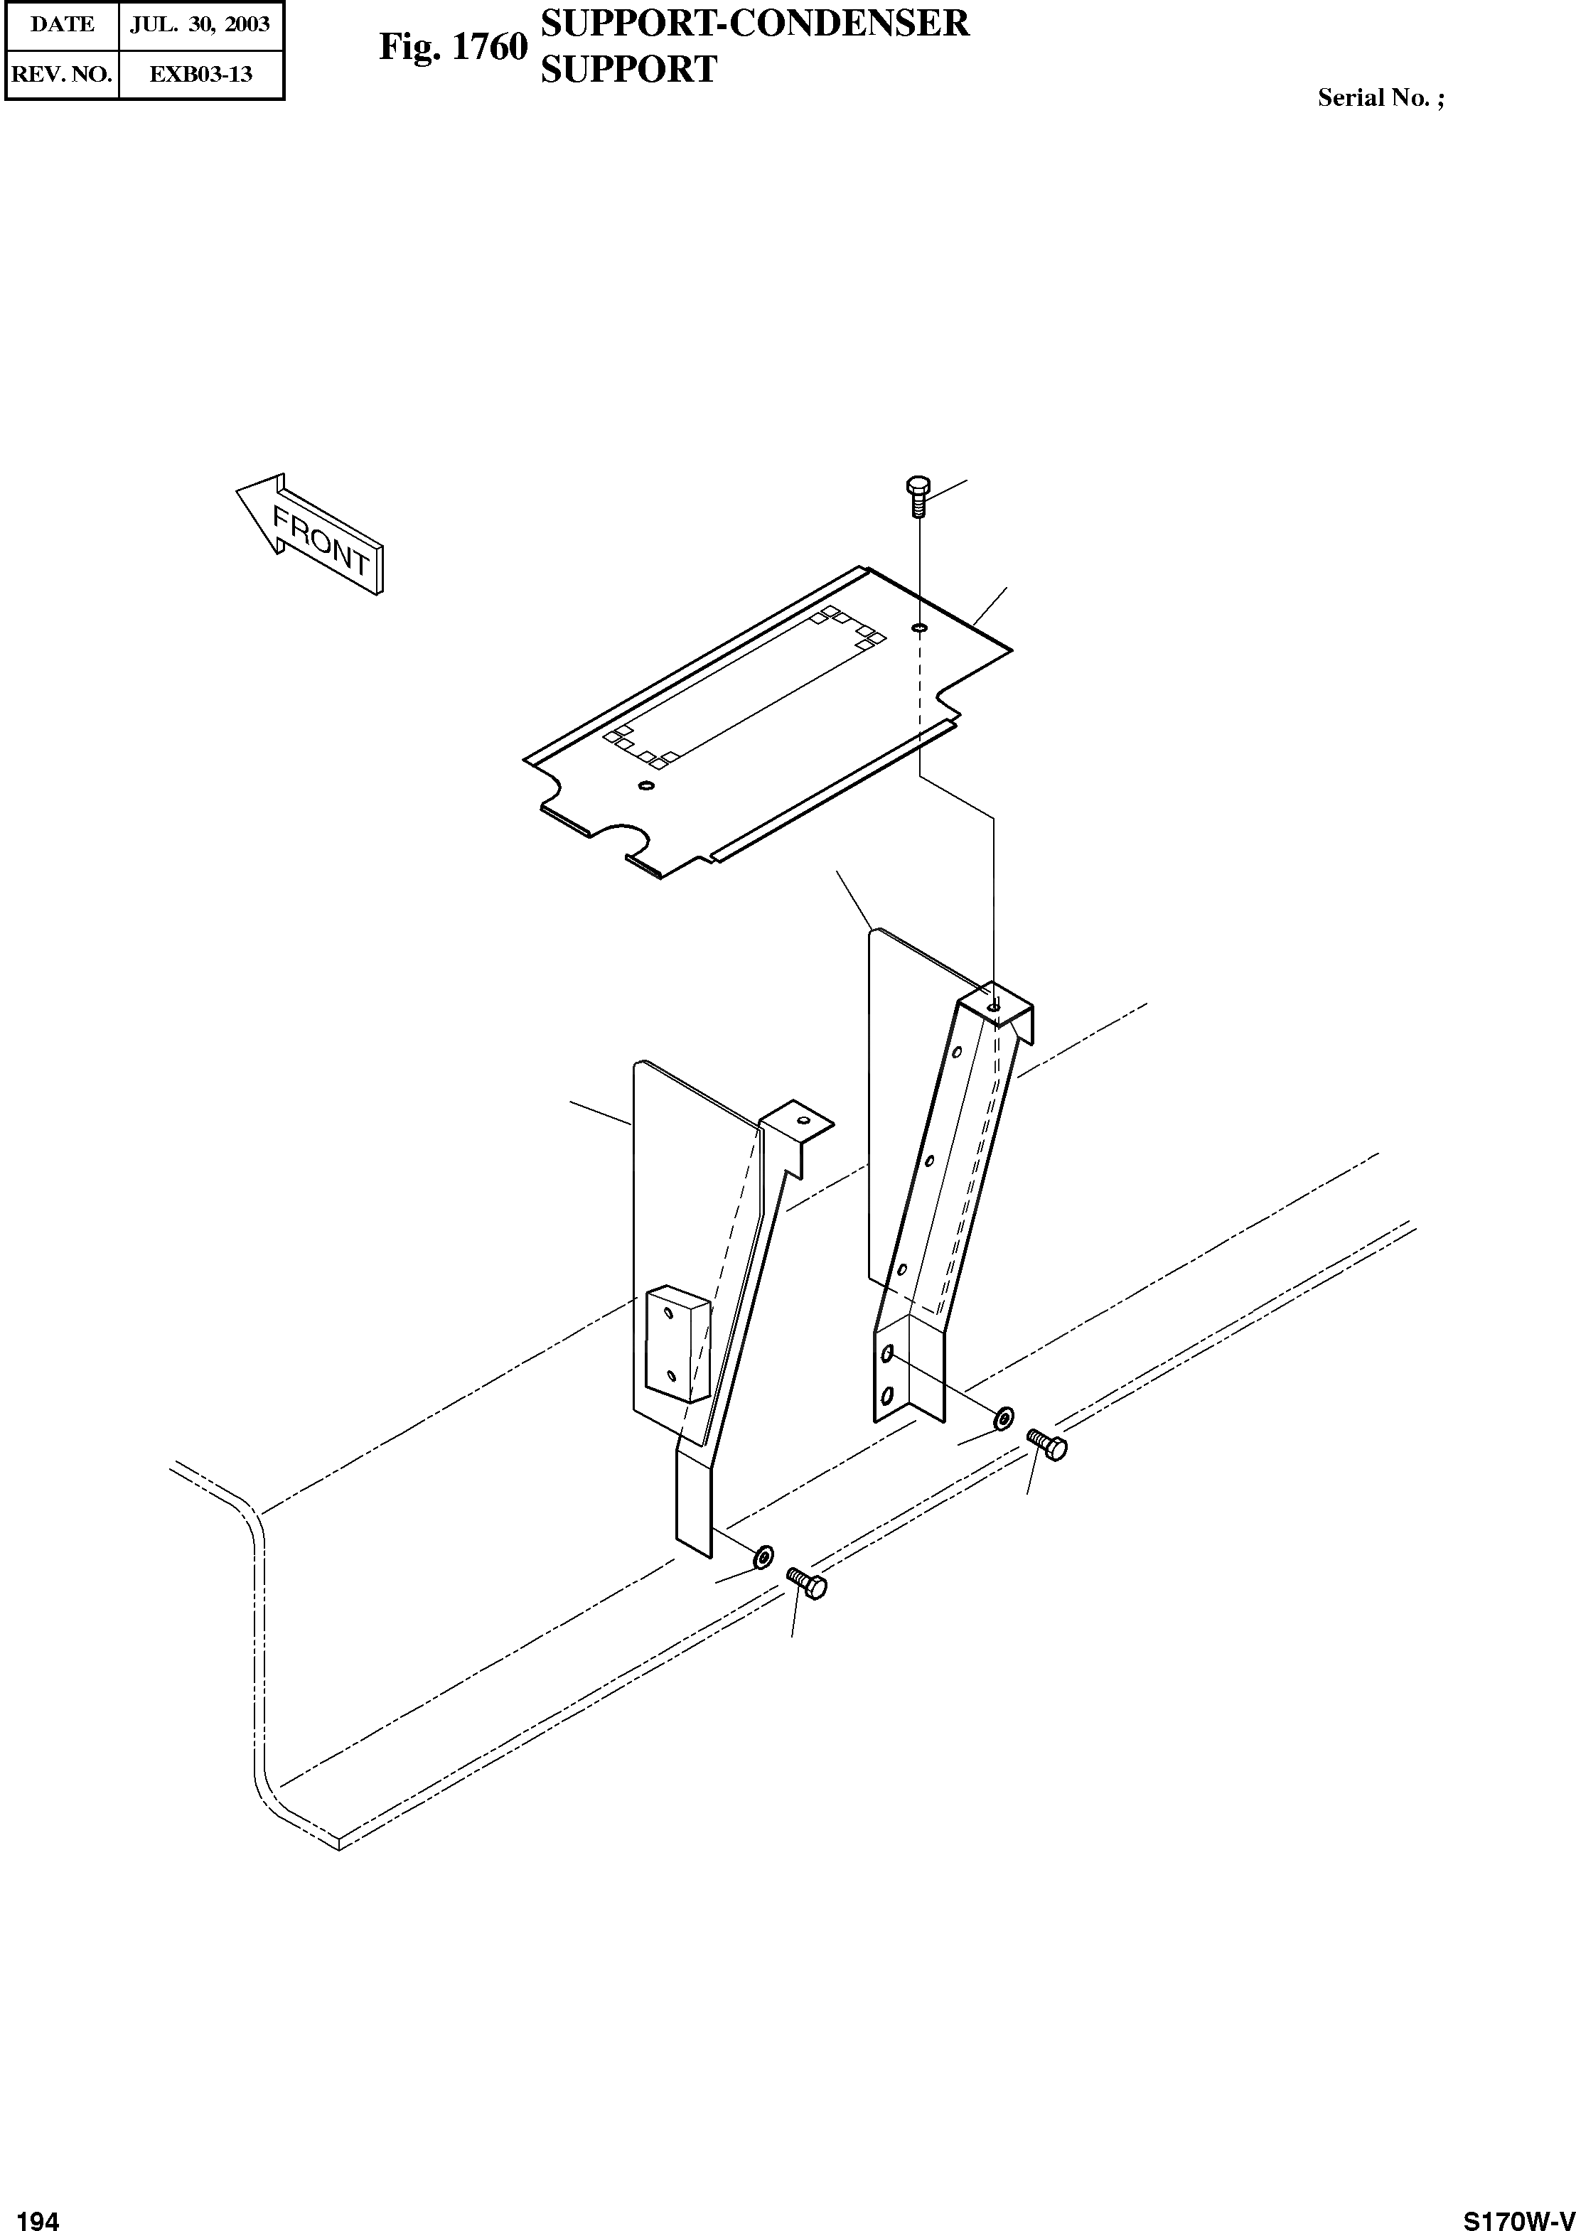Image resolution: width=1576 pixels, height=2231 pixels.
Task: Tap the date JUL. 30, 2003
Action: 200,24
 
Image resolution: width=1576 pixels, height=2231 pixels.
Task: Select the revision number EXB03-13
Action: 200,74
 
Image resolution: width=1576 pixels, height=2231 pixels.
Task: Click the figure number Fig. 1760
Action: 453,47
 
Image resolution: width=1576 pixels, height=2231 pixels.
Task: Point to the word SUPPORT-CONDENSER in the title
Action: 754,23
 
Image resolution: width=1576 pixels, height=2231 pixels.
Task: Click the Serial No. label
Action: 1380,97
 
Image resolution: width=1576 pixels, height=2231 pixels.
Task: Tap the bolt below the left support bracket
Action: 806,1584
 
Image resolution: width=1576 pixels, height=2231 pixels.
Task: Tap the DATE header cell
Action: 62,24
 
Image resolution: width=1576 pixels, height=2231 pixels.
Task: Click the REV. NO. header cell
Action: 62,74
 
